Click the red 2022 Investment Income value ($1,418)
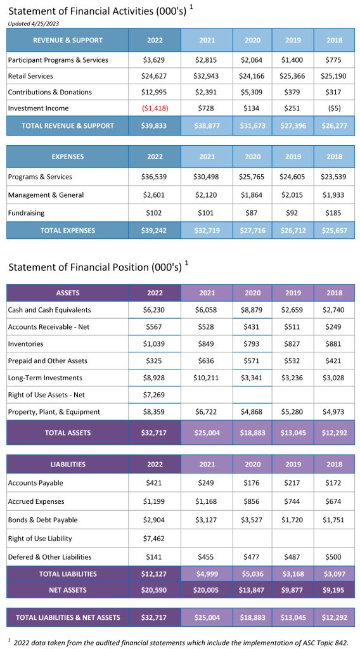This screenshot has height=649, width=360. point(155,108)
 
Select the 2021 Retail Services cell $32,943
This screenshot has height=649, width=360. point(207,76)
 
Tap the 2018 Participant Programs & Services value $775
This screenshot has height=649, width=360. point(334,60)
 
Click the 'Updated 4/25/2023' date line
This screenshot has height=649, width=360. point(34,23)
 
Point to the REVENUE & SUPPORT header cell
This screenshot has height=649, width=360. point(67,40)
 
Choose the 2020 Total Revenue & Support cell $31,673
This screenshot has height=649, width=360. point(252,125)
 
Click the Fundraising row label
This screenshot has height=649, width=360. point(26,213)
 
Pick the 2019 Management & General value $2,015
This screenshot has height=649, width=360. point(293,195)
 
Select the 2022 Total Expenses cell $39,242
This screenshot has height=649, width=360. point(155,231)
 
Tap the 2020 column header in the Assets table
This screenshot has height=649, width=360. point(252,293)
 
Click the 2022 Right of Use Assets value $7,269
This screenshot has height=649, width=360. point(155,395)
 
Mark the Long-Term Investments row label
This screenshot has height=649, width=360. point(45,378)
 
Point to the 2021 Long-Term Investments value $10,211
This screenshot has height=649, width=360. point(207,378)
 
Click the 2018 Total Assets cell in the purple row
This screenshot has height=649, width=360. point(334,432)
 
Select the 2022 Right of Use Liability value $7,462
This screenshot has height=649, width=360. point(155,539)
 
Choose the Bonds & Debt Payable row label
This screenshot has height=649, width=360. point(42,520)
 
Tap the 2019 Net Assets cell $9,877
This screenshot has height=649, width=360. point(293,590)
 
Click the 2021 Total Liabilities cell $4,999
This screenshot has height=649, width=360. point(207,574)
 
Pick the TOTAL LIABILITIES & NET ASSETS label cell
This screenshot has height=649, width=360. point(67,617)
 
